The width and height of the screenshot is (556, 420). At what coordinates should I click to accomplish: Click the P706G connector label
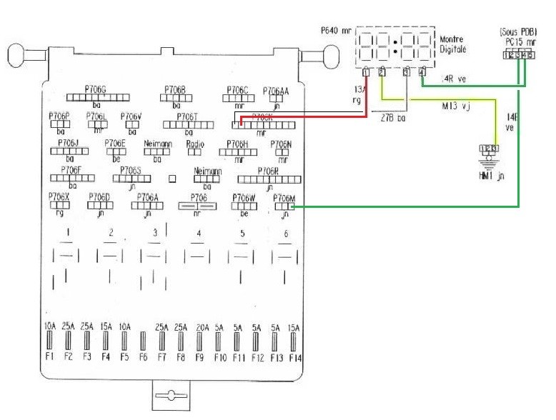95,90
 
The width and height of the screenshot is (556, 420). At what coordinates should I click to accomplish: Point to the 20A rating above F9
202,326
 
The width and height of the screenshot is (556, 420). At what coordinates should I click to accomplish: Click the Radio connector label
195,144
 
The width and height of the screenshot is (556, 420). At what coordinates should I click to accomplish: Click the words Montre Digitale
452,45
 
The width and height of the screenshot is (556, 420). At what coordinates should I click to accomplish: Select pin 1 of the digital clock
366,71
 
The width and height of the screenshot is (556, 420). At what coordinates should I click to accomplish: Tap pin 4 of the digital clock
422,71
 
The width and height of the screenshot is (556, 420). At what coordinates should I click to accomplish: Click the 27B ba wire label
392,118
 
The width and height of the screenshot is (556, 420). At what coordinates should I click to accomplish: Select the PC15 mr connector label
519,43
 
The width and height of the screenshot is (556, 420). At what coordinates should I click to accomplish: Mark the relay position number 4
198,234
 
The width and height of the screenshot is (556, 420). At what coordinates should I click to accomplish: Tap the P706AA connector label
276,91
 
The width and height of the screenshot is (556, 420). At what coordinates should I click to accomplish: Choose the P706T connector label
187,116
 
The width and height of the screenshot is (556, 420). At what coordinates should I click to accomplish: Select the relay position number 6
286,234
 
